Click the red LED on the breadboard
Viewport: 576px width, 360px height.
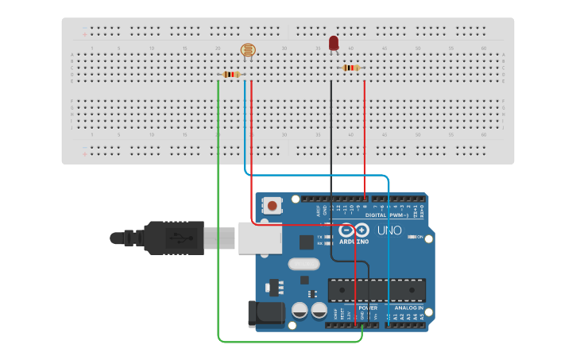[x=334, y=43]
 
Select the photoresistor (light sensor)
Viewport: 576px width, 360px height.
[x=248, y=51]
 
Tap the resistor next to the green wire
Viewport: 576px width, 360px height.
[x=231, y=75]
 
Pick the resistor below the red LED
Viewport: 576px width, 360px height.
[x=351, y=68]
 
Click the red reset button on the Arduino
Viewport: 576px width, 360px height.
[x=273, y=206]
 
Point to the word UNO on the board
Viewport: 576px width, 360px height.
[x=389, y=230]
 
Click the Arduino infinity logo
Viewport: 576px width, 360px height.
[x=354, y=230]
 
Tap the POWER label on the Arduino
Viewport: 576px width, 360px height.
[x=367, y=307]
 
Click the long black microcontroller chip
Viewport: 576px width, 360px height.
[x=377, y=290]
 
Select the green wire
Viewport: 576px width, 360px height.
[x=218, y=238]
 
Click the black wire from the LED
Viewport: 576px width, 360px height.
[x=331, y=135]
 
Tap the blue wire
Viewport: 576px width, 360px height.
[x=389, y=254]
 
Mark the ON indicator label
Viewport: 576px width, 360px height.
[x=419, y=237]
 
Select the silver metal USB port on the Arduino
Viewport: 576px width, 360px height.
[x=261, y=237]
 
